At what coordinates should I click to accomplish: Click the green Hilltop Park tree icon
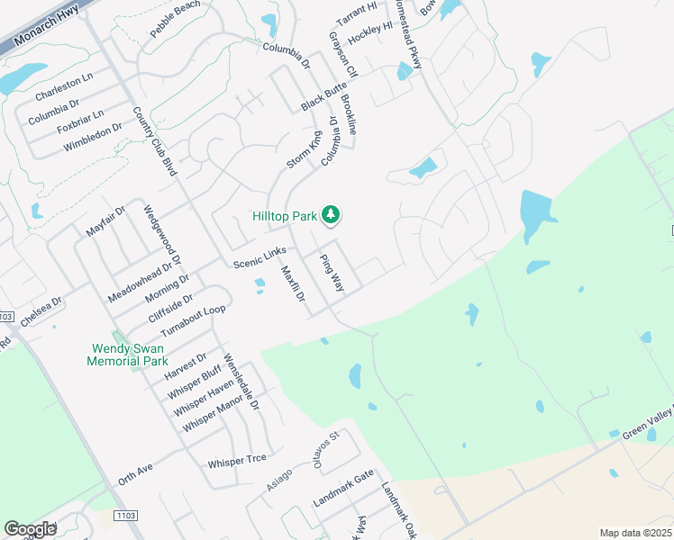tap(332, 214)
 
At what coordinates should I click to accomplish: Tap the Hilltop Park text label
tap(284, 216)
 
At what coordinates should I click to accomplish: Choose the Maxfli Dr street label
tap(293, 283)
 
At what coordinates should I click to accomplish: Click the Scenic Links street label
tap(260, 257)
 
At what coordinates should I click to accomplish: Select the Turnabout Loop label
tap(193, 321)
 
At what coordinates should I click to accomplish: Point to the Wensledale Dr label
tap(241, 382)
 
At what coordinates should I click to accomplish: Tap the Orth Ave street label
tap(136, 474)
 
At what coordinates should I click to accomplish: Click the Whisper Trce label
tap(236, 460)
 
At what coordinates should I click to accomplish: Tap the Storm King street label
tap(304, 149)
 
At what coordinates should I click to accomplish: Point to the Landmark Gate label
tap(343, 489)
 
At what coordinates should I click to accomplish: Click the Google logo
tap(30, 529)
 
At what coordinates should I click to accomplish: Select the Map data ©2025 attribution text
tap(635, 533)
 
